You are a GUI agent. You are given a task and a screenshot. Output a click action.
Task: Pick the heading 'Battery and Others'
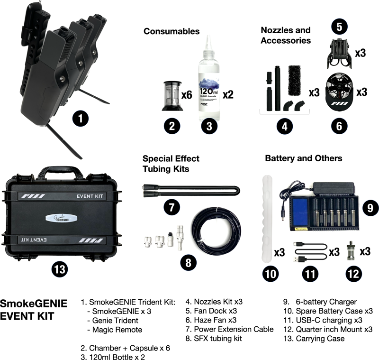304,158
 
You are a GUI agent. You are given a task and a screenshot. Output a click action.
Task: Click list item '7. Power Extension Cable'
230,329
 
